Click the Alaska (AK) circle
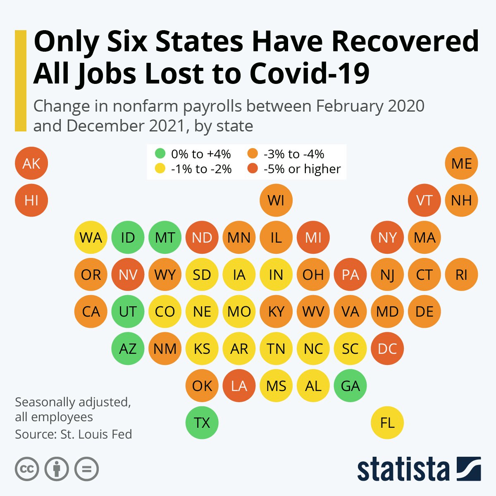(31, 163)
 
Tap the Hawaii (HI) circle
(31, 200)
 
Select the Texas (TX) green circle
(202, 423)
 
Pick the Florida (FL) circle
(387, 423)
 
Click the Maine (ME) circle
(462, 163)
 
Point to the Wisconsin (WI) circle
(276, 200)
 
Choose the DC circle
(387, 349)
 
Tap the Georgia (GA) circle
(351, 386)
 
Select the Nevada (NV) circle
(128, 275)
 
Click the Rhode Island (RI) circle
(462, 275)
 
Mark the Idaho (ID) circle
(128, 238)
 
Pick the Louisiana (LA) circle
(239, 386)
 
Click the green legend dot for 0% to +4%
(160, 154)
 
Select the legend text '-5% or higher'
(302, 169)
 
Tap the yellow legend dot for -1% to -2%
(160, 169)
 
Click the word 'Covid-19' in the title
(309, 74)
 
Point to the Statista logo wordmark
(403, 469)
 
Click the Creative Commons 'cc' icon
(27, 469)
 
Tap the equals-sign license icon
(86, 469)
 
